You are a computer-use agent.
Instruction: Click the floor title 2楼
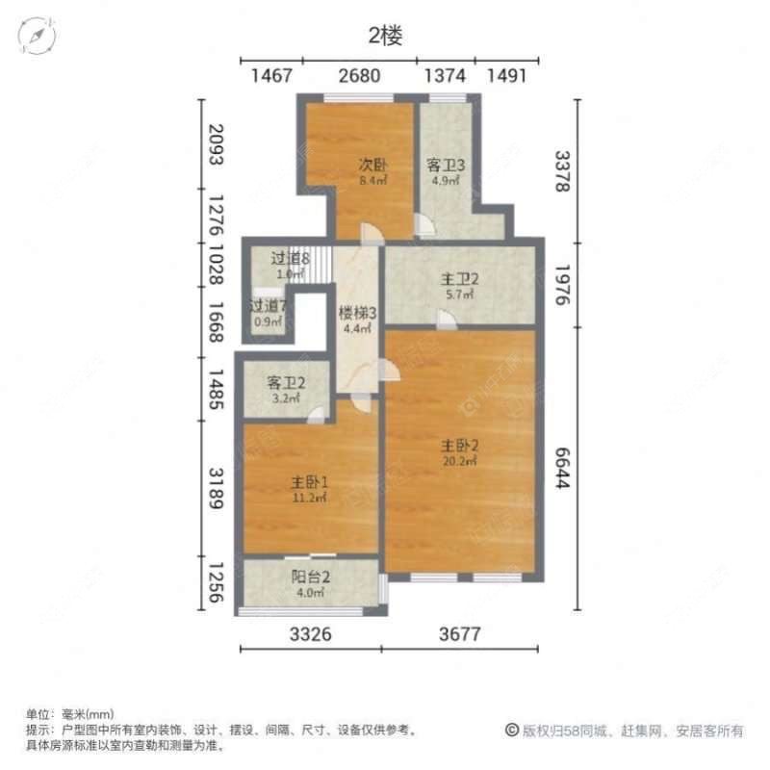click(x=385, y=37)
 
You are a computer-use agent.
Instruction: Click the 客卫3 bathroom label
click(x=446, y=165)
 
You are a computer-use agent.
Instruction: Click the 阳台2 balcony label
click(x=311, y=577)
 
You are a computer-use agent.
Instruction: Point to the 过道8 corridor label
click(x=289, y=258)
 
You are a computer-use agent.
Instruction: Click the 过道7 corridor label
click(x=269, y=306)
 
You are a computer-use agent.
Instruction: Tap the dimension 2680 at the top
click(x=359, y=76)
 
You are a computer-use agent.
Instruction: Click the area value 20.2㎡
click(x=460, y=460)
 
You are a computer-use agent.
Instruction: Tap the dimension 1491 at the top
click(x=506, y=76)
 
